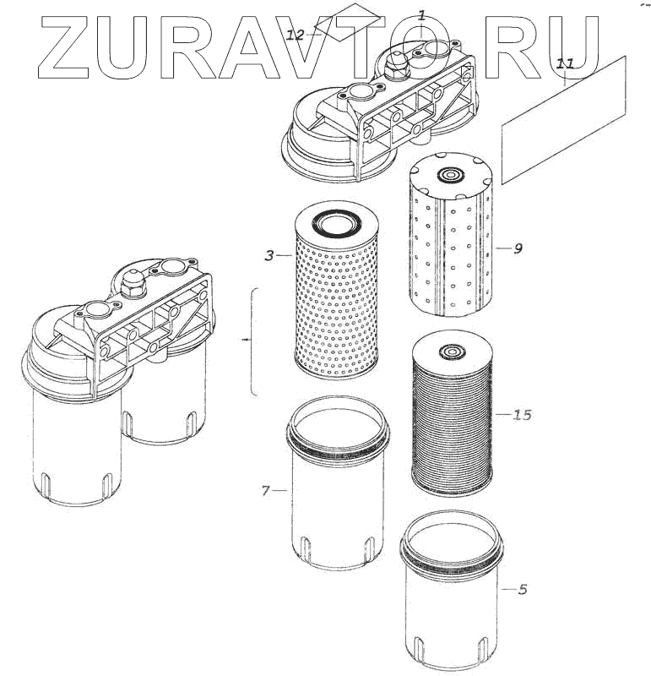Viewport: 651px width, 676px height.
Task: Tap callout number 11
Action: pos(565,63)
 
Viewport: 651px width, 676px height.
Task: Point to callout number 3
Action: pos(269,254)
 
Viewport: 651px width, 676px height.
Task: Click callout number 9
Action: pos(518,248)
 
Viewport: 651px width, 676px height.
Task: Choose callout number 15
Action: pos(522,415)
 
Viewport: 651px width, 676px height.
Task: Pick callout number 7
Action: pos(265,490)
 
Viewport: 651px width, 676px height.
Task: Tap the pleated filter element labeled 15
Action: pos(452,422)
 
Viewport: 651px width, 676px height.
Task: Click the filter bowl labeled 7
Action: pos(338,499)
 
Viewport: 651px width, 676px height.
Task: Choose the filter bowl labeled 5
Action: pos(452,600)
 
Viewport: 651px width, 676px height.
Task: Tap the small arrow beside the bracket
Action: pos(245,339)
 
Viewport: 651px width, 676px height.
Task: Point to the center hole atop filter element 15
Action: pos(452,348)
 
